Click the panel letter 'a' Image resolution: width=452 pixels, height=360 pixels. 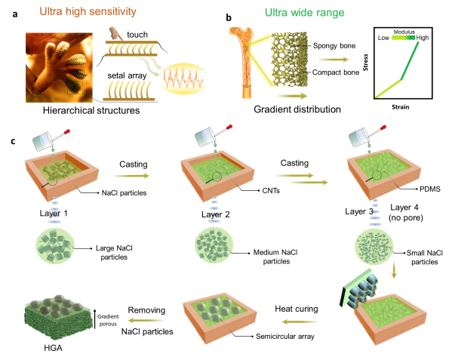(x=15, y=14)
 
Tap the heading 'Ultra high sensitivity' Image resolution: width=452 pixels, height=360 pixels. (x=88, y=11)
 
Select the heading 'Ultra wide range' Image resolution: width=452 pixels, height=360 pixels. (x=304, y=13)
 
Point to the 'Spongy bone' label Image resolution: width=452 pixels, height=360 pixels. (x=334, y=46)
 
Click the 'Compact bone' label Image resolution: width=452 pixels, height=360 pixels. (x=336, y=72)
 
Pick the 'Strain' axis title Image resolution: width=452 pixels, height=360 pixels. (x=401, y=107)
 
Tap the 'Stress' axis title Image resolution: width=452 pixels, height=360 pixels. (x=365, y=63)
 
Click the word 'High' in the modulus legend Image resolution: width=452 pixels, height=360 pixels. (x=423, y=38)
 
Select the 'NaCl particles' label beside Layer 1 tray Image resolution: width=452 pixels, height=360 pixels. (x=124, y=192)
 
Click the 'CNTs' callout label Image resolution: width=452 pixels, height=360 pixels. (x=271, y=190)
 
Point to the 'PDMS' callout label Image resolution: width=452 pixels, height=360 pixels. (x=430, y=189)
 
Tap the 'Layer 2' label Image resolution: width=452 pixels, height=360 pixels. (x=216, y=214)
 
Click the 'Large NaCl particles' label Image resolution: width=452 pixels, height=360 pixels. (x=114, y=253)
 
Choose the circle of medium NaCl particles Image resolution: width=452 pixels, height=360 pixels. (x=214, y=245)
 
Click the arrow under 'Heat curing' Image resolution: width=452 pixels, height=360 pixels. (x=300, y=322)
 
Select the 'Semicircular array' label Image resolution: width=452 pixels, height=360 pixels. (x=285, y=337)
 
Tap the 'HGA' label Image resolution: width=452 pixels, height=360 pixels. (x=53, y=348)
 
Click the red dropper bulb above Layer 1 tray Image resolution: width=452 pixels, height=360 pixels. (x=67, y=132)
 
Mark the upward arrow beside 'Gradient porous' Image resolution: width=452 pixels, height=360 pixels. (x=94, y=318)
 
